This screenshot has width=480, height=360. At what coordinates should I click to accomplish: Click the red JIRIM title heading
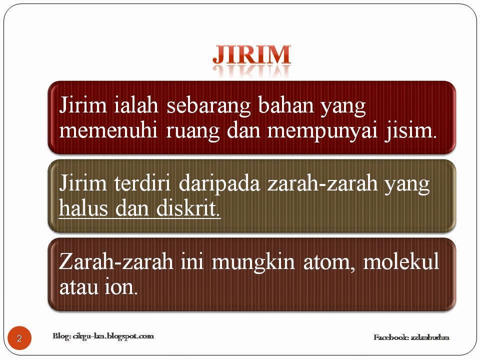251,55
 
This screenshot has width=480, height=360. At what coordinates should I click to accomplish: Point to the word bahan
286,104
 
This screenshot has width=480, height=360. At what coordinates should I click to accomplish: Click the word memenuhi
108,130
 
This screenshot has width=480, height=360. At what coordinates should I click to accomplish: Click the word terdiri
142,183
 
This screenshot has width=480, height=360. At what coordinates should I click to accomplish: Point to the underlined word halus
83,208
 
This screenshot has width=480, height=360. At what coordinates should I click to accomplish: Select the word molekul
401,261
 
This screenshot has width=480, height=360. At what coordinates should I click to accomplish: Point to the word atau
78,288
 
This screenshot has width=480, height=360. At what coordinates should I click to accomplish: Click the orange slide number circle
19,338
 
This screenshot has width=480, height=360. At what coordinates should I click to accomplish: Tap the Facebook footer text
411,337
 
